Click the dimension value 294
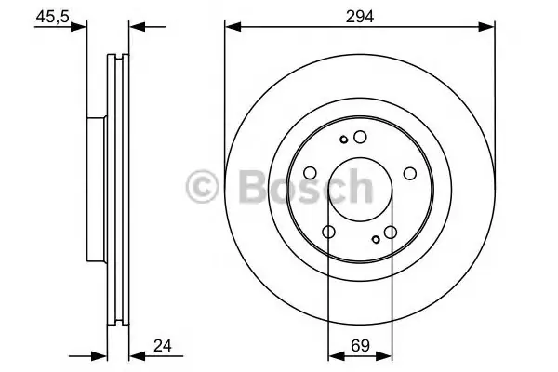click(x=360, y=17)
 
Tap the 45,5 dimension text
click(x=52, y=17)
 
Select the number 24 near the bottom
click(x=163, y=345)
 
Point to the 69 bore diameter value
click(x=360, y=345)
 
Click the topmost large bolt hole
click(x=360, y=137)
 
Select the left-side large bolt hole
click(x=310, y=173)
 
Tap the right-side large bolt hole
click(x=410, y=173)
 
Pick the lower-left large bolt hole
click(x=328, y=232)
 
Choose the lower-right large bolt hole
click(x=391, y=232)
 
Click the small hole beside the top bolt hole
click(x=344, y=139)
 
